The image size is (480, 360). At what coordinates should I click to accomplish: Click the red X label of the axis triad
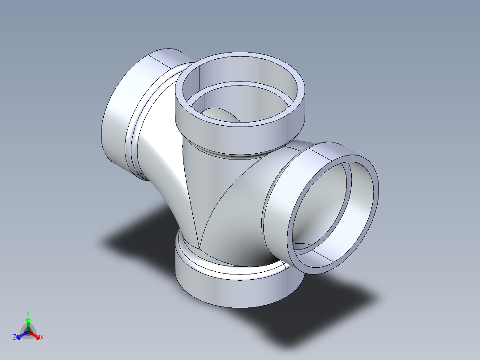[41, 338]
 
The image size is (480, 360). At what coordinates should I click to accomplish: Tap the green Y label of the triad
[28, 313]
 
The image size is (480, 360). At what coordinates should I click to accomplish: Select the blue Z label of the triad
[15, 338]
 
